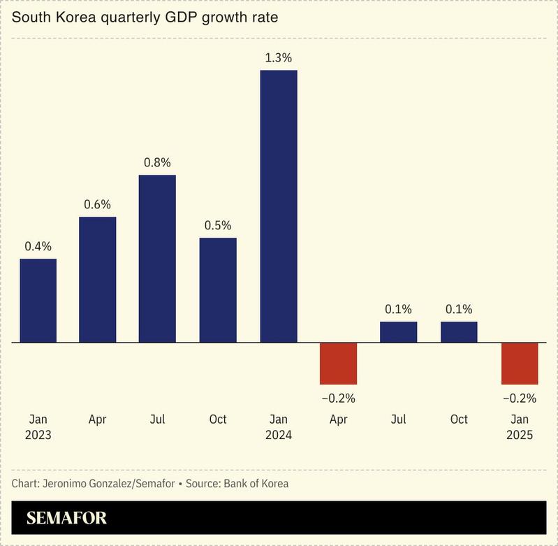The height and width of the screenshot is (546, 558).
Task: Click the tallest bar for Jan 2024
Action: (x=278, y=206)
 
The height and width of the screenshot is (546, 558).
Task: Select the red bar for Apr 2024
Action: (x=338, y=364)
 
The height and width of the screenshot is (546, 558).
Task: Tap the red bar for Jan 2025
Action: (x=520, y=364)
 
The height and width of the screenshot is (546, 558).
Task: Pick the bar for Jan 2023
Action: (x=38, y=301)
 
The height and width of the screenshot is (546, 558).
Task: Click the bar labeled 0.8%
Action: (x=157, y=259)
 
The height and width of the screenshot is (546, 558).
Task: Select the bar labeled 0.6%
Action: (x=97, y=280)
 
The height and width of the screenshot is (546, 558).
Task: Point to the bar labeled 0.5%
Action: (x=218, y=290)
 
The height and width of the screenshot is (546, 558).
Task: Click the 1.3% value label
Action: (x=278, y=57)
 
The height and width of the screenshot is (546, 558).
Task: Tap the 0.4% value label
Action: (x=38, y=246)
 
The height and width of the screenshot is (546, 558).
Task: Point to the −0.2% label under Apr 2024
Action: (x=338, y=398)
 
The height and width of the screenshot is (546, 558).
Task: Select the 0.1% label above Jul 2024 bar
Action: (x=399, y=309)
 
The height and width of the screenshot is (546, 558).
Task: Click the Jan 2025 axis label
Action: (x=520, y=426)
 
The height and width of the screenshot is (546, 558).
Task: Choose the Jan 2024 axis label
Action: (x=278, y=426)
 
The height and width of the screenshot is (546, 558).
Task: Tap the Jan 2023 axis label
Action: (x=38, y=426)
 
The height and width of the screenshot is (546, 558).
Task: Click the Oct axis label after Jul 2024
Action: (x=459, y=419)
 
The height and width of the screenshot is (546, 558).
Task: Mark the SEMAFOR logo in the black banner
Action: (x=66, y=519)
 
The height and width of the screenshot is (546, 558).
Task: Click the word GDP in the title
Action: (x=184, y=17)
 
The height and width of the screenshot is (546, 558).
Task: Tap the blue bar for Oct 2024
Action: (x=459, y=332)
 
